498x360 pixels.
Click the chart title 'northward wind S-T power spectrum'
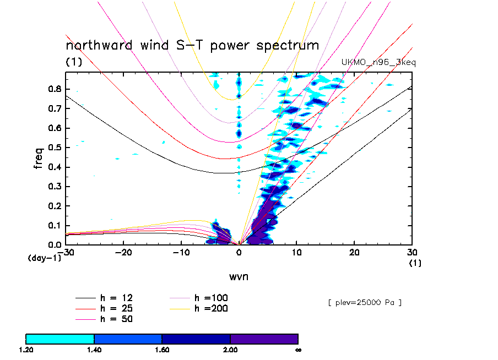[x=192, y=46]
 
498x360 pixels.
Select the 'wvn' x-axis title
[x=239, y=276]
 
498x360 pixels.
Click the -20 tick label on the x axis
[x=122, y=252]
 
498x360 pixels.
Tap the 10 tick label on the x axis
[x=297, y=252]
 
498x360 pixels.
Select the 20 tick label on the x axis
[x=355, y=252]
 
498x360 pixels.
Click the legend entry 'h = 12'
[x=115, y=298]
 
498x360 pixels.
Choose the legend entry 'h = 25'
[x=115, y=308]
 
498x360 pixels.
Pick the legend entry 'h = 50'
[x=115, y=319]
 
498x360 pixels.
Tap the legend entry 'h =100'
[x=211, y=298]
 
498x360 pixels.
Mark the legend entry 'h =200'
[x=211, y=308]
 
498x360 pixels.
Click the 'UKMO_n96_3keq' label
[x=378, y=63]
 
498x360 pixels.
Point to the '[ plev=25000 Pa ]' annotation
[x=364, y=303]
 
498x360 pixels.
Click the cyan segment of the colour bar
[x=60, y=339]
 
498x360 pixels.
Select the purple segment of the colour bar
[x=264, y=339]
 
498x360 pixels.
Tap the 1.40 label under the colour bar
[x=94, y=349]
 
